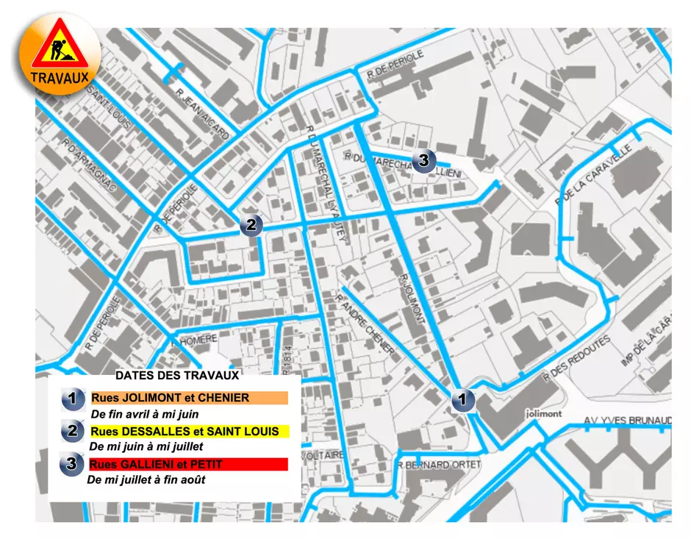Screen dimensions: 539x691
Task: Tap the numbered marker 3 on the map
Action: tap(423, 160)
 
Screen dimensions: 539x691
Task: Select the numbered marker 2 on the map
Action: tap(251, 225)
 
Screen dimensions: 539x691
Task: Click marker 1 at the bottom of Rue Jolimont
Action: tap(462, 400)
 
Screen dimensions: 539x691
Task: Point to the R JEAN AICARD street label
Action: tap(203, 114)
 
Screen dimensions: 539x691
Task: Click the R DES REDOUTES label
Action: tap(576, 357)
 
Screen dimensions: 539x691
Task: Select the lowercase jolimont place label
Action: tap(544, 414)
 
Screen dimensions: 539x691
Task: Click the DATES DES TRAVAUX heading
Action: tap(177, 375)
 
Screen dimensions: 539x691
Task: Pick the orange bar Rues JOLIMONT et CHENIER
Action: tap(188, 398)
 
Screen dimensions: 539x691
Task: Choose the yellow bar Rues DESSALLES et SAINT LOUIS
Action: tap(188, 431)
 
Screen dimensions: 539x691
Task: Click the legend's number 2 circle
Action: tap(72, 431)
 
